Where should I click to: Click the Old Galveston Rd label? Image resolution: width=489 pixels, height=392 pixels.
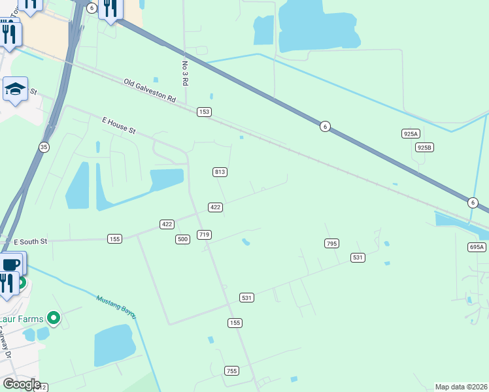coord(150,91)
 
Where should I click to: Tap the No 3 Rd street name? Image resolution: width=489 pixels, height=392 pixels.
coord(185,74)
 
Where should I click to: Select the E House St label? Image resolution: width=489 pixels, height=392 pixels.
coord(118,125)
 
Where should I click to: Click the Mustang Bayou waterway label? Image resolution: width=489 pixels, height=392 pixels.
coord(116,307)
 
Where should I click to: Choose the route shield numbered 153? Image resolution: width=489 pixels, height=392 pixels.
coord(205,112)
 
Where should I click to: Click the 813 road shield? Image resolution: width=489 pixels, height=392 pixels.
coord(220,172)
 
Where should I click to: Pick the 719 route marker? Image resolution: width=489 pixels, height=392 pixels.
coord(204,235)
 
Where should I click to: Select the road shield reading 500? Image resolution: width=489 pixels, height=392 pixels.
coord(182,240)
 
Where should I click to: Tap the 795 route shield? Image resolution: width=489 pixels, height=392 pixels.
coord(331,244)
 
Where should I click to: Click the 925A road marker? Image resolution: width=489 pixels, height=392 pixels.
coord(410,134)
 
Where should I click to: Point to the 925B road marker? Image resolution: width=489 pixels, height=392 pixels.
coord(424,148)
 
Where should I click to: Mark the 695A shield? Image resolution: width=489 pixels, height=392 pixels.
coord(477,247)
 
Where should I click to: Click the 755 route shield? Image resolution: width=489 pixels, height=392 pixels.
coord(231,370)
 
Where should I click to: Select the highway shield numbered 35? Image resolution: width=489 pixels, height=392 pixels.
coord(44,148)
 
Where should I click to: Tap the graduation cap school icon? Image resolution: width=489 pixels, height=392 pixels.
coord(15,89)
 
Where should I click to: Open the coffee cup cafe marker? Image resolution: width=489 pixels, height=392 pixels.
coord(12,264)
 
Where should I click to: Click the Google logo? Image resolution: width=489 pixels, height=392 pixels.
coord(21,384)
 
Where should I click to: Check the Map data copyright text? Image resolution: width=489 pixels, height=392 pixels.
coord(461,387)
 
